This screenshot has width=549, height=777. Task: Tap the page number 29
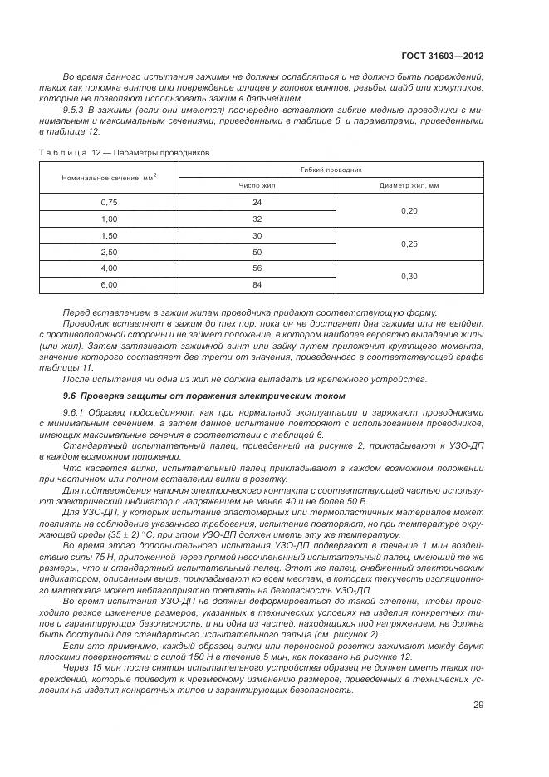tap(478, 705)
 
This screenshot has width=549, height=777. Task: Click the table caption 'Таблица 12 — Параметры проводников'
tap(125, 152)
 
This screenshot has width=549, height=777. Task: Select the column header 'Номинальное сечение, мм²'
tap(109, 177)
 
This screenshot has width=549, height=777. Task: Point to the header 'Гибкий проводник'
tap(331, 169)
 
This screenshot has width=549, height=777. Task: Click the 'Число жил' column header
tap(257, 186)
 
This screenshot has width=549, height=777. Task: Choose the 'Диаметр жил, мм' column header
tap(409, 186)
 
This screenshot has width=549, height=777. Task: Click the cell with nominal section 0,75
tap(109, 203)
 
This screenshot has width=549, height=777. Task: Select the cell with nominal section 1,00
tap(109, 219)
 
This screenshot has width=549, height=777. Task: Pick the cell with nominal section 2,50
tap(109, 252)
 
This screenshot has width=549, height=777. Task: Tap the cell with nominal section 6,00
tap(109, 285)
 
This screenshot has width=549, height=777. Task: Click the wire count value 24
tap(257, 203)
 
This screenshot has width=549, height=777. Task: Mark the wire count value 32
tap(257, 219)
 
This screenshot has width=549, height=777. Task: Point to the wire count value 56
tap(257, 268)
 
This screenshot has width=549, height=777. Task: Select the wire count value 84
tap(257, 285)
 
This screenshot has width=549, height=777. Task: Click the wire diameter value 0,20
tap(409, 211)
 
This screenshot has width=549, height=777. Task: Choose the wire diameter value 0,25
tap(409, 244)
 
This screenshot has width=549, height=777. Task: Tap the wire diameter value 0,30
tap(409, 277)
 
